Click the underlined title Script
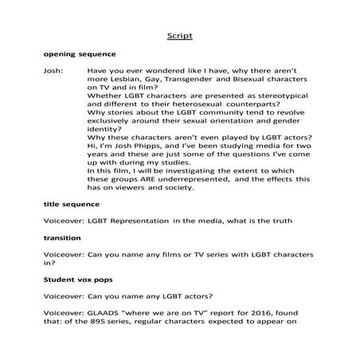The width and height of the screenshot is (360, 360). (x=180, y=36)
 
